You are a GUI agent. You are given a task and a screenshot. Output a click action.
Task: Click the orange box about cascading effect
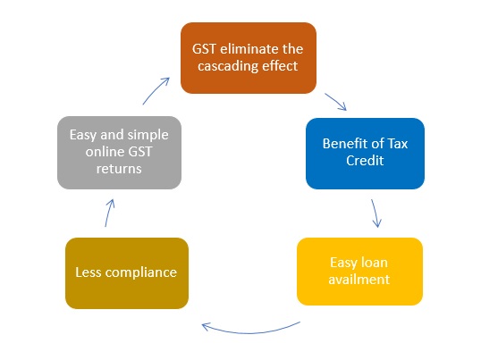click(x=249, y=58)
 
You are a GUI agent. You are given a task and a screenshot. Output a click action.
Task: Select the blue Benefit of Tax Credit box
click(x=365, y=154)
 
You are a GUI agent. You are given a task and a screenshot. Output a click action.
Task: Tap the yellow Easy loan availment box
click(x=359, y=272)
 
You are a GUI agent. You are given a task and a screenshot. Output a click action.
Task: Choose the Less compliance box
click(x=127, y=273)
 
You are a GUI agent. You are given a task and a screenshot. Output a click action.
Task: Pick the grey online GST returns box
click(x=119, y=153)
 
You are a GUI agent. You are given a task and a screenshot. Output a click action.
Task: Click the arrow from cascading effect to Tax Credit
click(x=335, y=102)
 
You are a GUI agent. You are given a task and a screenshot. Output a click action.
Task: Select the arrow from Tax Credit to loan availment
click(x=376, y=213)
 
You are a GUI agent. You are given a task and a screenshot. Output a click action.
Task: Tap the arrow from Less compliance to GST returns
click(x=108, y=213)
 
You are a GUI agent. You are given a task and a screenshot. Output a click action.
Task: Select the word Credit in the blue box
click(x=365, y=161)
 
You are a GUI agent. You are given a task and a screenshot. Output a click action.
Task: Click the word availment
click(x=359, y=280)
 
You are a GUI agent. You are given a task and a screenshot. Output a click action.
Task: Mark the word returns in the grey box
click(x=119, y=169)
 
